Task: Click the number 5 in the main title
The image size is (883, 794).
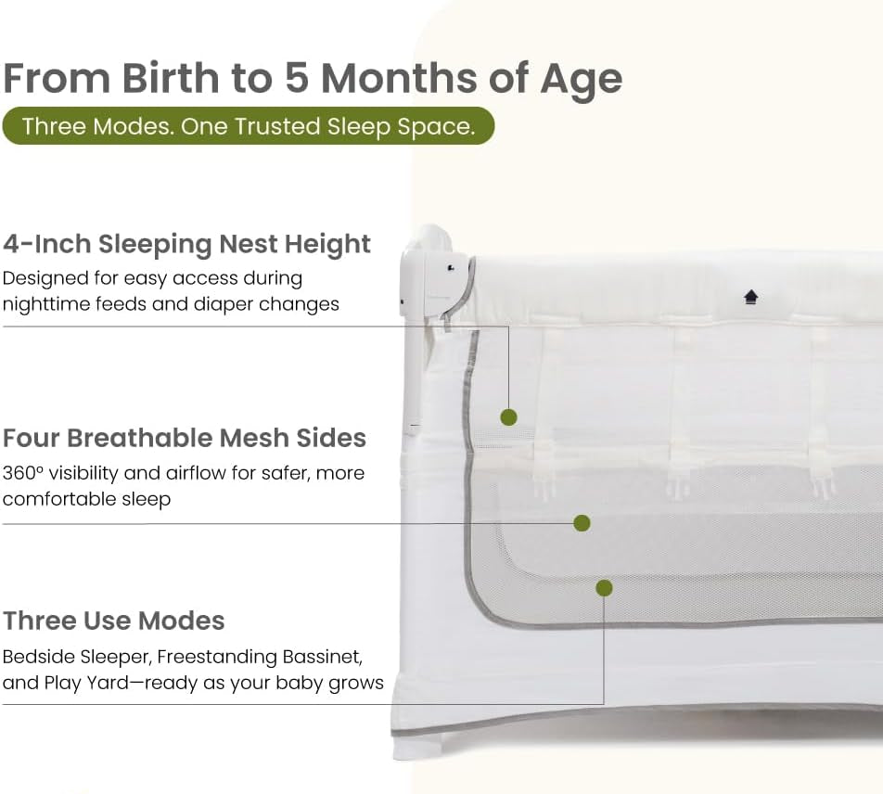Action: [297, 77]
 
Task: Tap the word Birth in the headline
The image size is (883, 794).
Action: [171, 77]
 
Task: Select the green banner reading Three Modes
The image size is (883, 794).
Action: [249, 125]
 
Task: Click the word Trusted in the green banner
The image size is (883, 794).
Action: [277, 126]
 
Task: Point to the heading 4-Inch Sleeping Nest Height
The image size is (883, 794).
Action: [186, 244]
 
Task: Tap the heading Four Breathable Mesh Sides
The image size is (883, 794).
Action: [185, 438]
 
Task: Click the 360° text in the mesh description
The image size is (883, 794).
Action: [22, 473]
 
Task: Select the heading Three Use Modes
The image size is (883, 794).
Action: [114, 621]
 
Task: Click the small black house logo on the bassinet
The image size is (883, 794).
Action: [750, 297]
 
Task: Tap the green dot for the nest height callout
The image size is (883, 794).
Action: [508, 417]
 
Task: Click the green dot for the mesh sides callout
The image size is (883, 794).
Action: [582, 523]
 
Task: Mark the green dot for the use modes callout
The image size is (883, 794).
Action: [604, 588]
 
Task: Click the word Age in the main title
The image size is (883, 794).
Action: [582, 79]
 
